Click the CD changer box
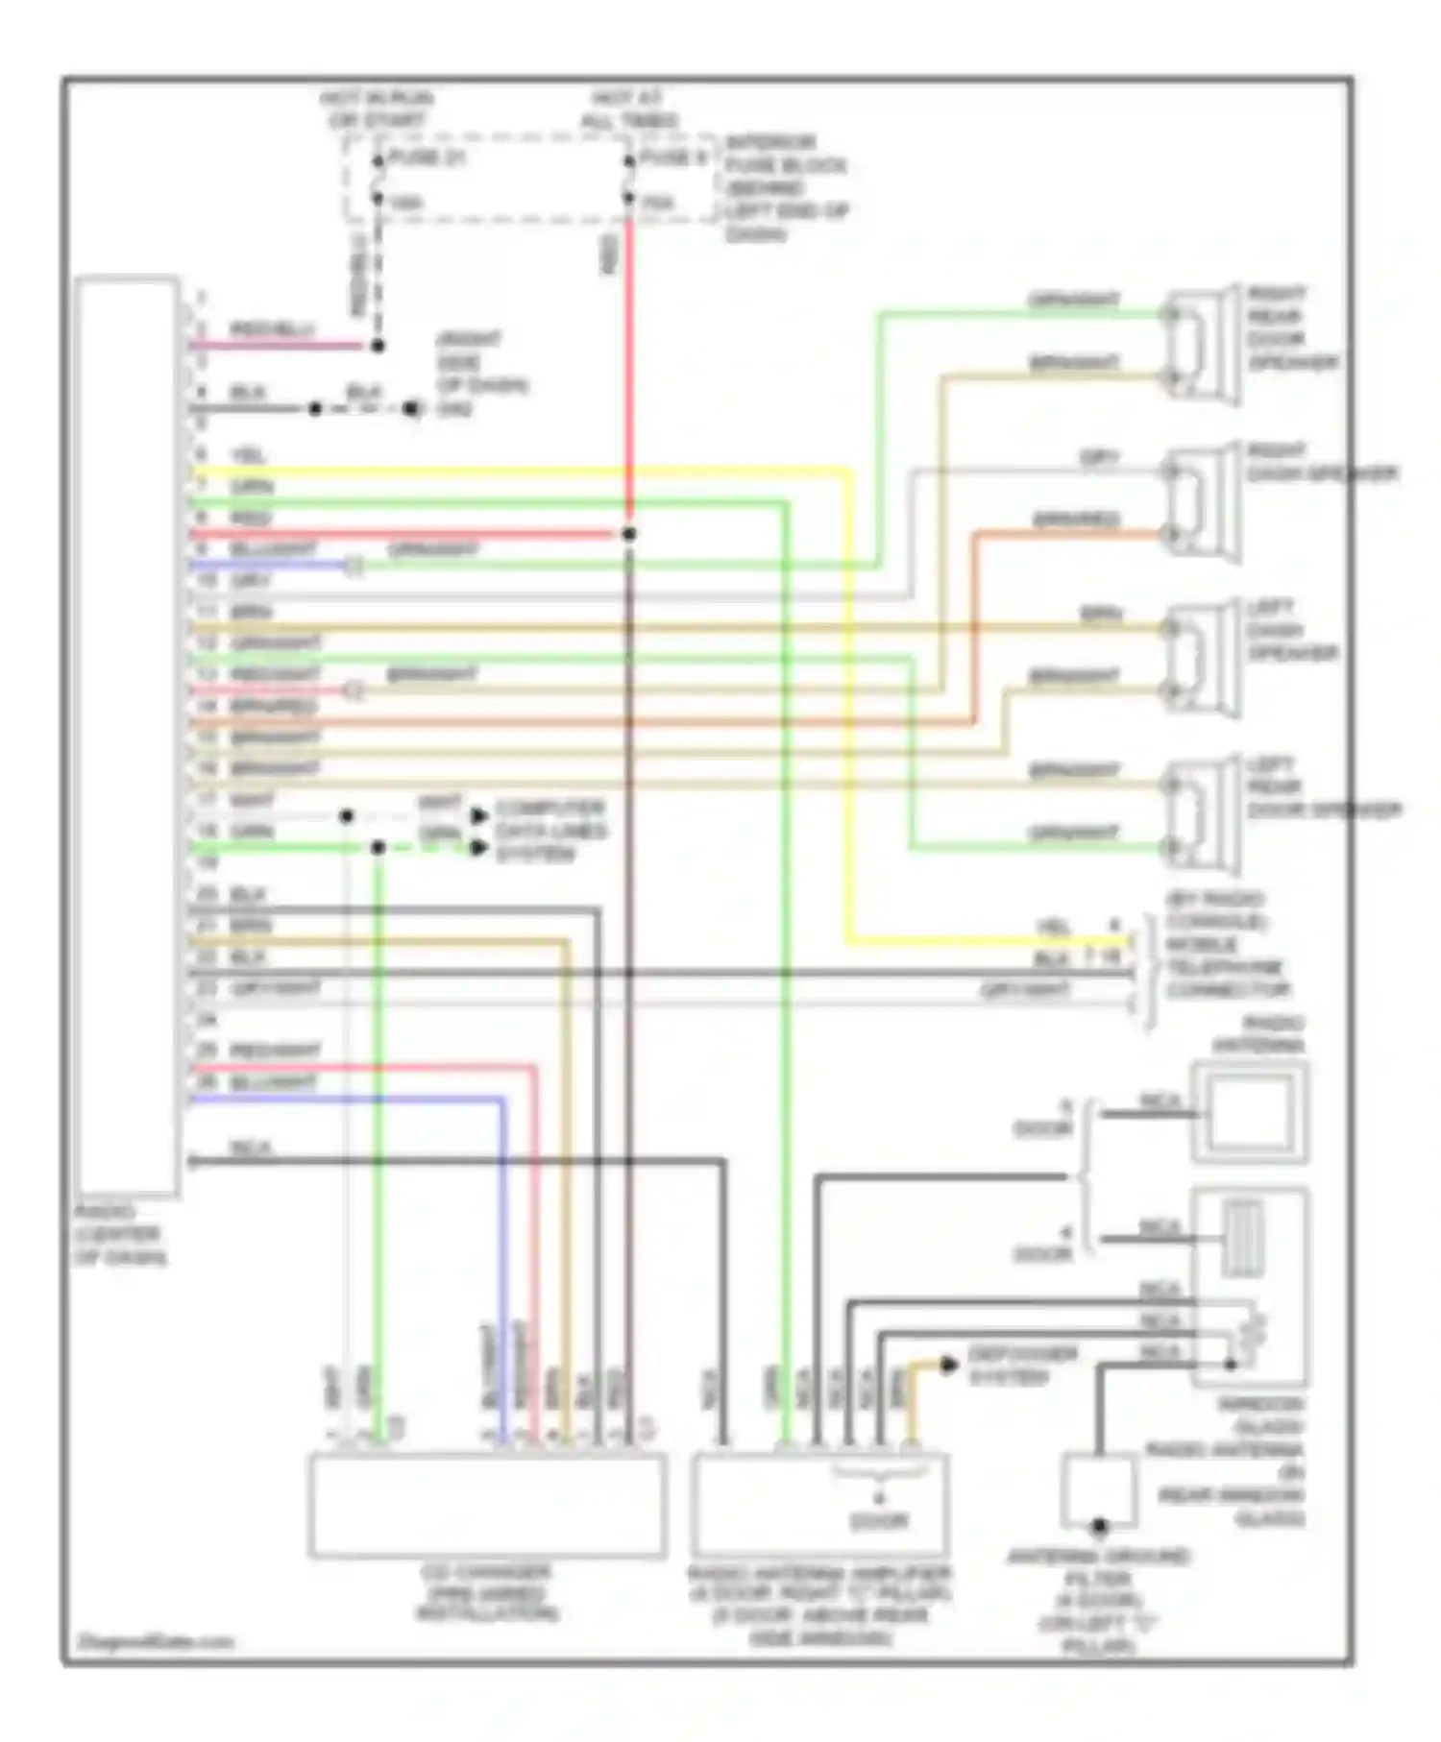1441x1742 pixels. coord(486,1504)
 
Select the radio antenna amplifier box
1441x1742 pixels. coord(819,1504)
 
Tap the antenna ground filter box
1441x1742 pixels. coord(1099,1488)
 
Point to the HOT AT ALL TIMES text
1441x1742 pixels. coord(628,109)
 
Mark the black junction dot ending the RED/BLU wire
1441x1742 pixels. coord(378,346)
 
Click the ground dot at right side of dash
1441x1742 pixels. coord(410,409)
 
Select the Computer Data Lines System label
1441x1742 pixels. coord(550,831)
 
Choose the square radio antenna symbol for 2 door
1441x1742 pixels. coord(1249,1113)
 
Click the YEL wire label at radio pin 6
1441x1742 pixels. coord(248,455)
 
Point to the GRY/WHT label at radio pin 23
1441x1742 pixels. coord(276,989)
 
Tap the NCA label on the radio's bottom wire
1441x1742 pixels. coord(252,1148)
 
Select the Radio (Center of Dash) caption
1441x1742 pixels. coord(120,1235)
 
